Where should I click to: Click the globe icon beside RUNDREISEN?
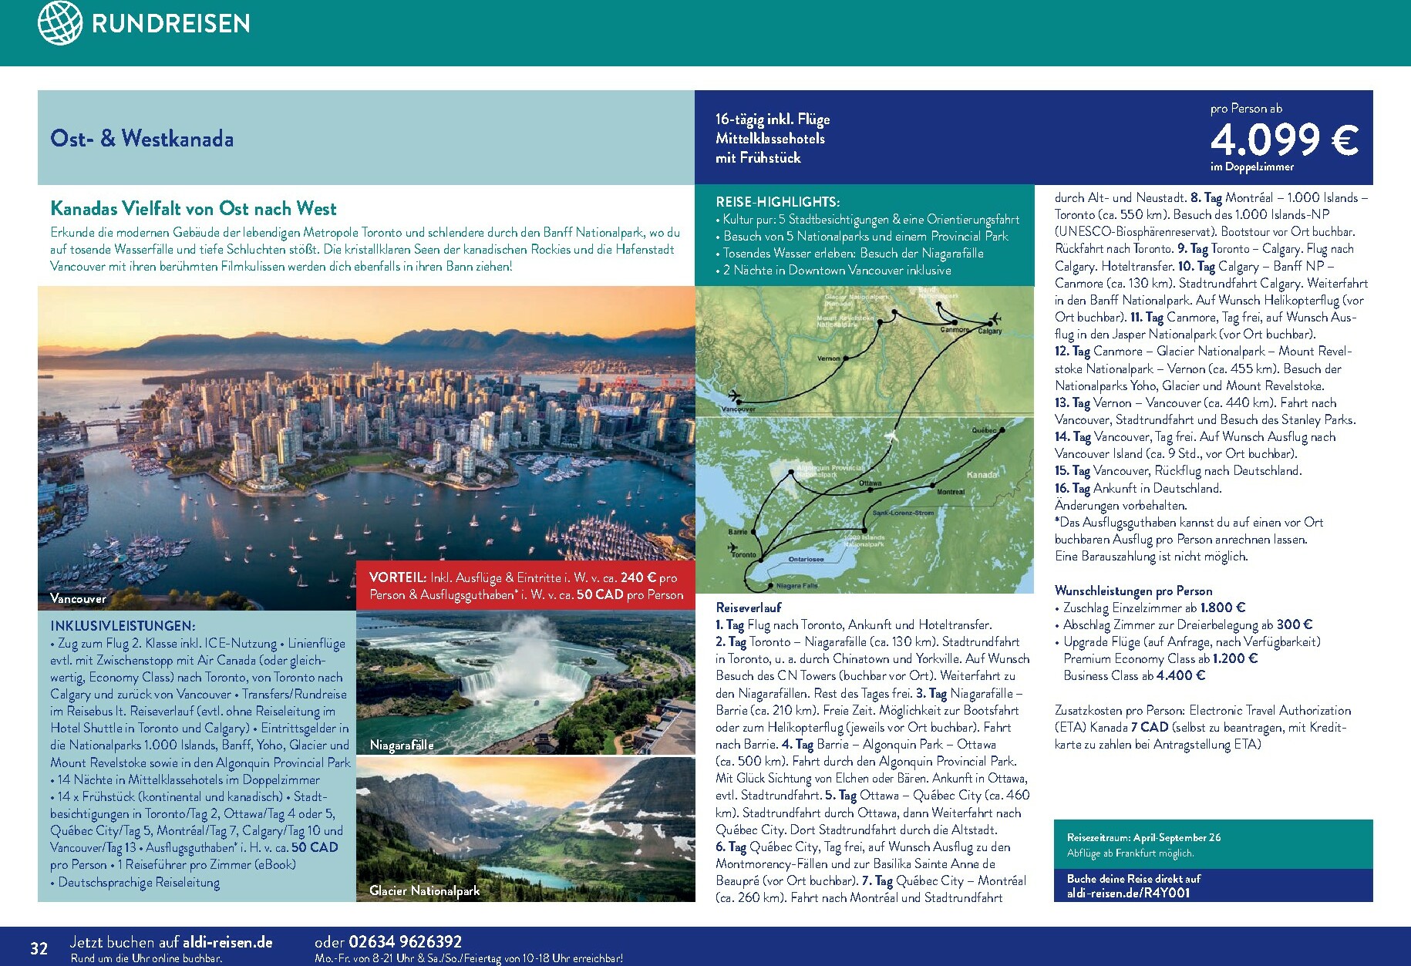pyautogui.click(x=59, y=22)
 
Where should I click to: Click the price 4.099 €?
pyautogui.click(x=1284, y=140)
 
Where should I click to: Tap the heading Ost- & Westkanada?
pyautogui.click(x=142, y=139)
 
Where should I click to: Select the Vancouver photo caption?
pyautogui.click(x=78, y=598)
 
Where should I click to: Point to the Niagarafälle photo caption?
pyautogui.click(x=401, y=745)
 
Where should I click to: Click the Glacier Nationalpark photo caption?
pyautogui.click(x=424, y=890)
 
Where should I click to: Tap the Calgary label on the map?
pyautogui.click(x=989, y=331)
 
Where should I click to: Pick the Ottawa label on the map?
pyautogui.click(x=870, y=483)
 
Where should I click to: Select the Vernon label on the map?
pyautogui.click(x=828, y=358)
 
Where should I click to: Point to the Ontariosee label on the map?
pyautogui.click(x=806, y=559)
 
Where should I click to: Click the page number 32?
pyautogui.click(x=39, y=948)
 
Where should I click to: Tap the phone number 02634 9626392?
pyautogui.click(x=405, y=941)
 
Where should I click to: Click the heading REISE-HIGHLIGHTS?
pyautogui.click(x=777, y=202)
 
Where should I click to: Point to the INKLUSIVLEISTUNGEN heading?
pyautogui.click(x=123, y=626)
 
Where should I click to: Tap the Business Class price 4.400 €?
pyautogui.click(x=1180, y=675)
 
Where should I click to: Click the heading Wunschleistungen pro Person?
pyautogui.click(x=1133, y=591)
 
